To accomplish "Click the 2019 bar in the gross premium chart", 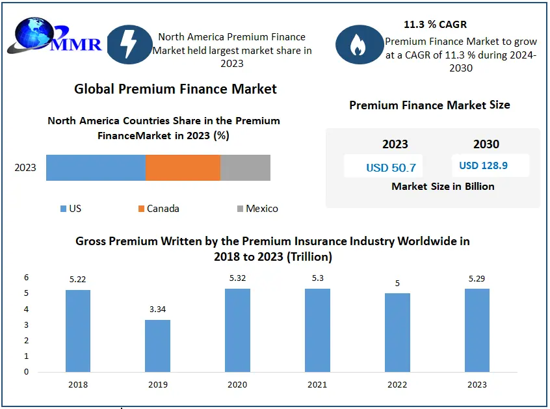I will coord(157,346).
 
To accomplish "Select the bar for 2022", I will coord(397,333).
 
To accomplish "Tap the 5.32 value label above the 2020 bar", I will coord(237,278).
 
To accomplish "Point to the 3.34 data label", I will coord(157,310).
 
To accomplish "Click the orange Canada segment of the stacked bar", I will coord(183,168).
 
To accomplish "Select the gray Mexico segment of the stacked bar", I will coord(245,168).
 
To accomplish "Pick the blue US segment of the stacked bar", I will coord(96,168).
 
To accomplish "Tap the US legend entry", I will coord(71,209).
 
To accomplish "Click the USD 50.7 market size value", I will coord(391,168).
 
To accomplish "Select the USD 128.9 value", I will coord(483,165).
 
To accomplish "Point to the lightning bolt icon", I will coord(129,44).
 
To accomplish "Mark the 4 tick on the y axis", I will coord(27,309).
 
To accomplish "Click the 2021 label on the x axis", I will coord(317,384).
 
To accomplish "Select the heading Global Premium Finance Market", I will coord(176,89).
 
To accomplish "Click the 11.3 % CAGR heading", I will coord(434,25).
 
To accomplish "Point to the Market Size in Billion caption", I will coord(443,186).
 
